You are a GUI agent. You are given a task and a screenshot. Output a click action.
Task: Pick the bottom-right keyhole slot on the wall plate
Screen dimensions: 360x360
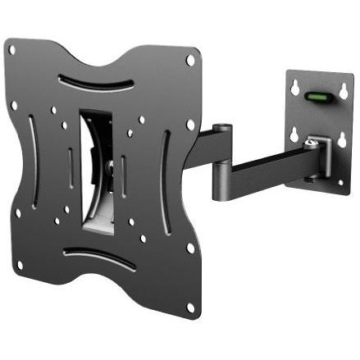coord(339,142)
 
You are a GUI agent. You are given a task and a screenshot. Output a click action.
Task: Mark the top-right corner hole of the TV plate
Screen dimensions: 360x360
coord(190,60)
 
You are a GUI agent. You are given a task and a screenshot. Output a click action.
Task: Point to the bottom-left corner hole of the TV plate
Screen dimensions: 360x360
coord(18,265)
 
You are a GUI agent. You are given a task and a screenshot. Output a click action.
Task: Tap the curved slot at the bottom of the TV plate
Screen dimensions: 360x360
coord(98,260)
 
